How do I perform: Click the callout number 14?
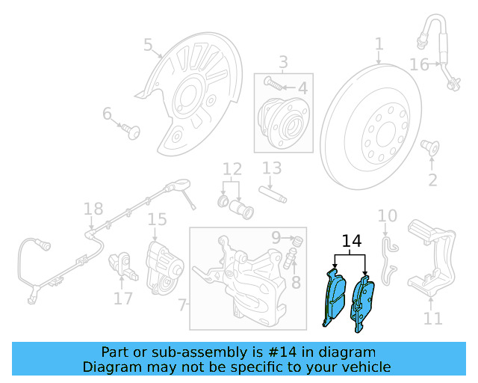coord(351,242)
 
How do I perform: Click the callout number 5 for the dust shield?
coord(148,46)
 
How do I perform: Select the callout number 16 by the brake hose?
coord(419,65)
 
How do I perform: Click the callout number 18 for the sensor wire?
coord(93,209)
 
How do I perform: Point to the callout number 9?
coord(276,238)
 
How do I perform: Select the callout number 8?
coord(296,282)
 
